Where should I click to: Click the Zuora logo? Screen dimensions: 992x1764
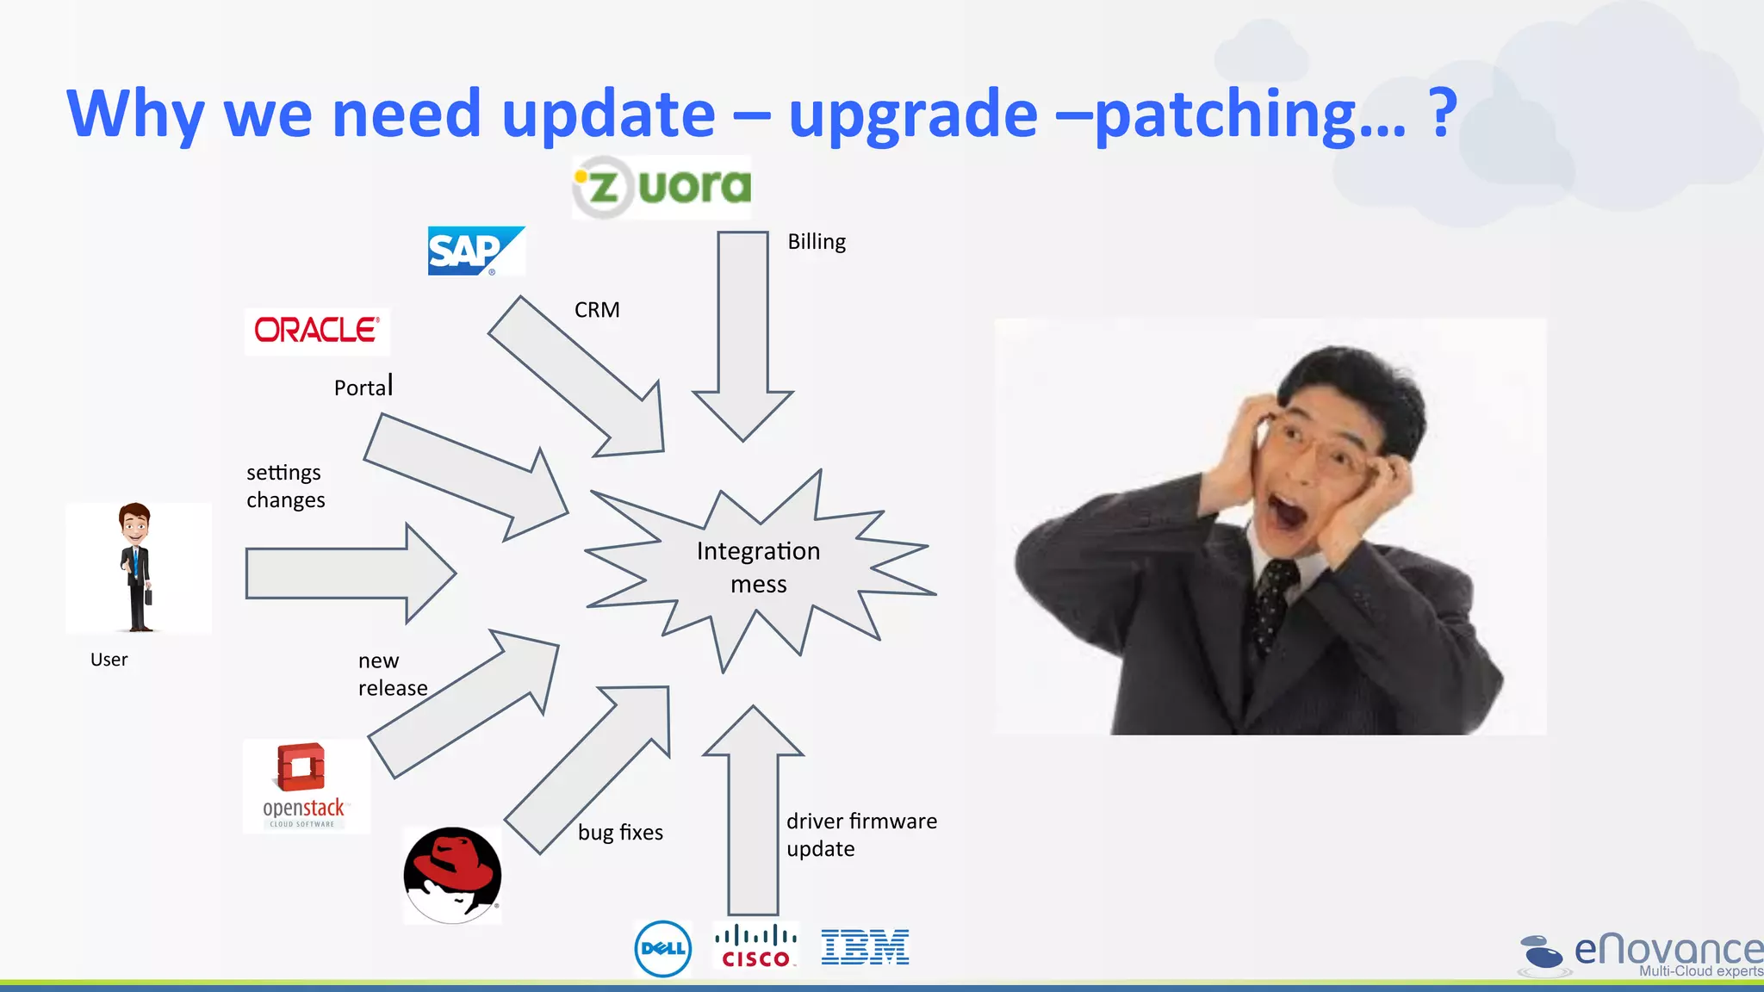[661, 187]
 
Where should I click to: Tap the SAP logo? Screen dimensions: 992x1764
[475, 251]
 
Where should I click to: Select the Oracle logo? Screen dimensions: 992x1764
[317, 331]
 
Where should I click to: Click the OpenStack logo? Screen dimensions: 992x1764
[306, 785]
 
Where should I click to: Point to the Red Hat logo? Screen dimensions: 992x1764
[452, 875]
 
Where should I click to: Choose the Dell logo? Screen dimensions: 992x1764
[662, 948]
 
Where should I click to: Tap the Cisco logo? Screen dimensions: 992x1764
[755, 946]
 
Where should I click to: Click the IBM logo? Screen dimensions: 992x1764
[865, 947]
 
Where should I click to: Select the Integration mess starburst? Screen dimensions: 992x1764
[758, 567]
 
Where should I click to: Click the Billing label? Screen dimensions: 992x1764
[817, 242]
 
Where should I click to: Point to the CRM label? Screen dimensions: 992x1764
[597, 310]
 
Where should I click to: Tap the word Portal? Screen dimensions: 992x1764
[363, 387]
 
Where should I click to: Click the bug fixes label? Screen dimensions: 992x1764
[620, 833]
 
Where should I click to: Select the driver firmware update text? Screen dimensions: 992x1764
[860, 834]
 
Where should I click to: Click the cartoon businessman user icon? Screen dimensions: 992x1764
[136, 567]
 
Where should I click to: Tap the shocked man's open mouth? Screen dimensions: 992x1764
[1289, 510]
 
